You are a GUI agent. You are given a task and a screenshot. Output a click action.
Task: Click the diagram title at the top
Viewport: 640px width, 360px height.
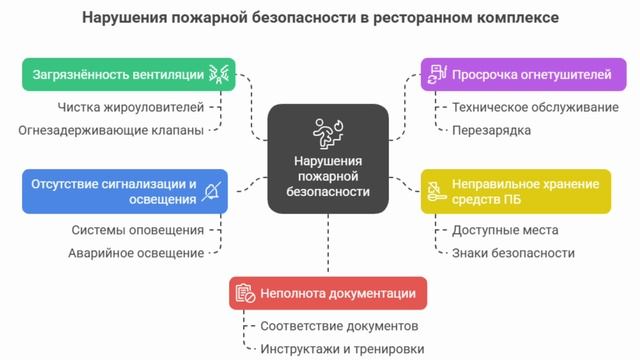pos(320,18)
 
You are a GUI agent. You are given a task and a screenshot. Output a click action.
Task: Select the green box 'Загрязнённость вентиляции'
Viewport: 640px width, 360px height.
pos(129,74)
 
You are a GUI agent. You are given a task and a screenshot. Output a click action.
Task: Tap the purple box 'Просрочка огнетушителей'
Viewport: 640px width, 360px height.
pos(514,74)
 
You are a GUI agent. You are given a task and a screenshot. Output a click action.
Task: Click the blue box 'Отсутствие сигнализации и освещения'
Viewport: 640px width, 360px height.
pos(124,191)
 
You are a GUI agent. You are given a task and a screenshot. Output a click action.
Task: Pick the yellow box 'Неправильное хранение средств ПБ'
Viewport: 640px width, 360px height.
pos(514,191)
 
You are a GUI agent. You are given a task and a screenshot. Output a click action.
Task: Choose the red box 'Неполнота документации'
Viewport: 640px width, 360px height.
pos(328,293)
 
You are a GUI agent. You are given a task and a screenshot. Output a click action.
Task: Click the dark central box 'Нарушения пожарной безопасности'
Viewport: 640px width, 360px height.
pos(328,158)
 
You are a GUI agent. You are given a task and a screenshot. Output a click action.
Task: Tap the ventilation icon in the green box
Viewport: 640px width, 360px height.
pos(218,74)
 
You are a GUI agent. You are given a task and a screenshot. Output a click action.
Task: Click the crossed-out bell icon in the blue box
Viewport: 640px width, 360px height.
pos(211,191)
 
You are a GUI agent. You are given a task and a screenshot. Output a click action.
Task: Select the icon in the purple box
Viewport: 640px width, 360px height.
pos(436,74)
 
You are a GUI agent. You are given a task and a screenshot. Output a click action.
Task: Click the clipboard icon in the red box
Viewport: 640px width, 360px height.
pos(244,293)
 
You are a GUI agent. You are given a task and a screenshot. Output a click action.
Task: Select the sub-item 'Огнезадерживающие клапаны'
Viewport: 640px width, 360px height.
pos(111,130)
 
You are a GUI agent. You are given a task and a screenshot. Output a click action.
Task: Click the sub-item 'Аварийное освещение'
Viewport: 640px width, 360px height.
pos(136,253)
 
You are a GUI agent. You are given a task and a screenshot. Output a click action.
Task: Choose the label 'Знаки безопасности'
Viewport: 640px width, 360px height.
pos(513,253)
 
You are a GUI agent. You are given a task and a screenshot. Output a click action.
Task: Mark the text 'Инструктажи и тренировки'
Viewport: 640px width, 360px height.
pos(342,349)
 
